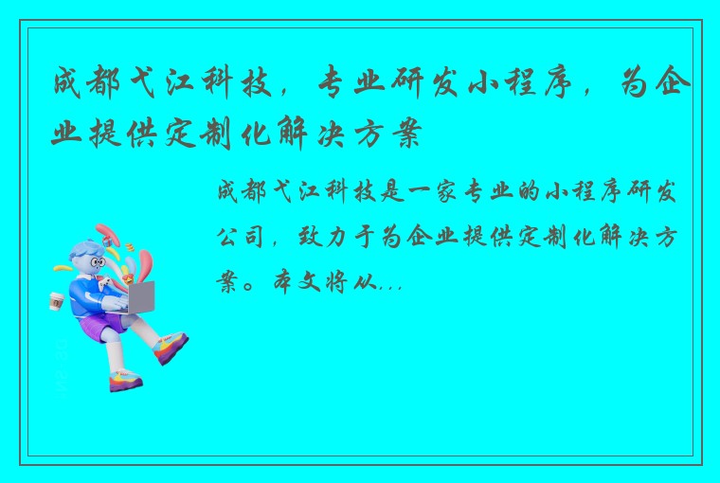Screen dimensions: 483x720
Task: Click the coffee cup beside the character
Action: (55, 301)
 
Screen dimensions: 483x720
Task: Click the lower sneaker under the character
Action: (125, 381)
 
